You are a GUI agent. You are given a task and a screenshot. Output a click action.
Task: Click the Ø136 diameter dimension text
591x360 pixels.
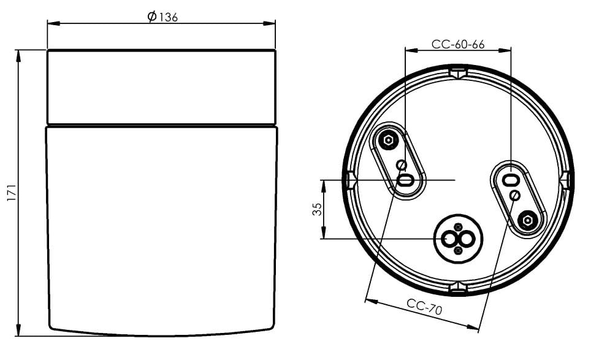162,17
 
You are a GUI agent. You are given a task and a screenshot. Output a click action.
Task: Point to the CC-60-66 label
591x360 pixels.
458,44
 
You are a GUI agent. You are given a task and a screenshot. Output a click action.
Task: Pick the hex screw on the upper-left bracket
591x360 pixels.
387,140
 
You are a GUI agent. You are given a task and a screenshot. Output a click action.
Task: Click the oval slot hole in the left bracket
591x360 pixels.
406,180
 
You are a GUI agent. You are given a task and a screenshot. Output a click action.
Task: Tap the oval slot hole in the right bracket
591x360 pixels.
510,180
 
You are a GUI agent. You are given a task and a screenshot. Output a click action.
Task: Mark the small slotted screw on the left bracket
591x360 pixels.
402,164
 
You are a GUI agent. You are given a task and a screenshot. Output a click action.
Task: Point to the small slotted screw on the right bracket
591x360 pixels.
515,195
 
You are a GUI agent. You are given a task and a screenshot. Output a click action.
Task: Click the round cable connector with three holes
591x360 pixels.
458,239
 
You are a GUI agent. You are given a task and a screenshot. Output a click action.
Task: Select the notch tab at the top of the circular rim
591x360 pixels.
458,74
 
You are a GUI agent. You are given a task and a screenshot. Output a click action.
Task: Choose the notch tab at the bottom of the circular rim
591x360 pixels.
458,287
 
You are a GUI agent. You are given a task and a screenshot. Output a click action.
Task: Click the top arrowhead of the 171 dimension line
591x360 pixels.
19,55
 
